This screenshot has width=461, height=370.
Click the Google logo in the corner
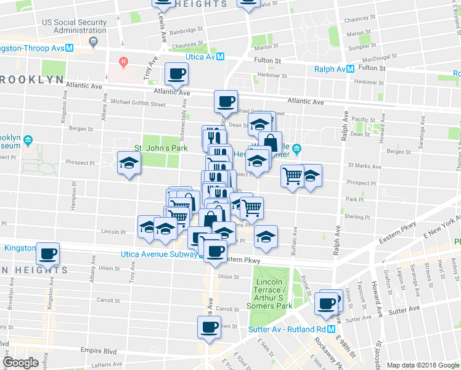[21, 363]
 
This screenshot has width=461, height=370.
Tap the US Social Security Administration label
[75, 25]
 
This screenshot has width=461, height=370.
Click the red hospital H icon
[124, 62]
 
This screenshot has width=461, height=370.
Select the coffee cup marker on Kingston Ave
[47, 253]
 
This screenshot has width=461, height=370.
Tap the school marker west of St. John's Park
[129, 163]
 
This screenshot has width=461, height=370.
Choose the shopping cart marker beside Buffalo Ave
[292, 176]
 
